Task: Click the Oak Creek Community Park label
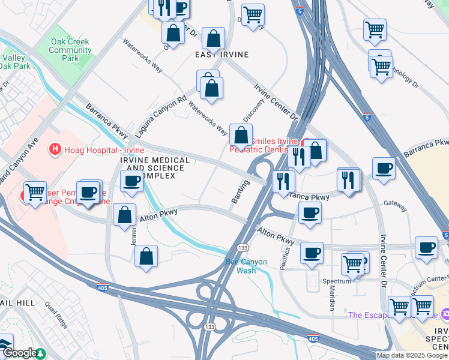(70, 50)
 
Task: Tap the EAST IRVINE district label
(222, 55)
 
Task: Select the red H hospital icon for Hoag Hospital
(55, 148)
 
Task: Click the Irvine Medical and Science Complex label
(155, 168)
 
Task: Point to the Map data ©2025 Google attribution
(412, 355)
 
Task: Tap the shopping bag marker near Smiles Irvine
(241, 136)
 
